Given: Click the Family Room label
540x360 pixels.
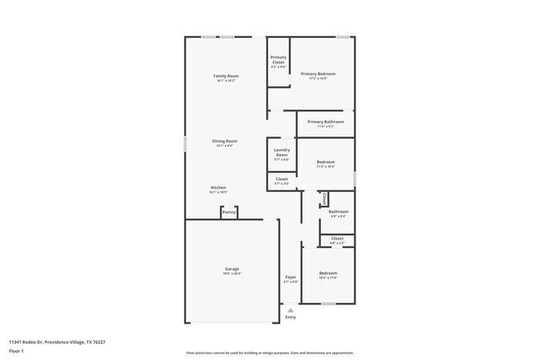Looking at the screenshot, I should click(x=226, y=76).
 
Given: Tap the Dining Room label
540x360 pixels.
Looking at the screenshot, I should click(x=225, y=141).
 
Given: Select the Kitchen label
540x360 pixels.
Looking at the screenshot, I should click(x=218, y=187).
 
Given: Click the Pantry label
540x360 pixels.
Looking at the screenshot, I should click(x=229, y=212).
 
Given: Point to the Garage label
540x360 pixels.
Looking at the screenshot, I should click(x=231, y=269).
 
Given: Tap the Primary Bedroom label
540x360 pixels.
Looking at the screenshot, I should click(x=318, y=74).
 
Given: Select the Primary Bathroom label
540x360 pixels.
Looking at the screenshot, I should click(x=326, y=122).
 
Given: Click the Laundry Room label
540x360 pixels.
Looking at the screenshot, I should click(x=282, y=152).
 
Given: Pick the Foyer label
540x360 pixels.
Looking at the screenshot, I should click(x=291, y=277).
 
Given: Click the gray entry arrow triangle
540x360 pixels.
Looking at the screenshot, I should click(x=291, y=310).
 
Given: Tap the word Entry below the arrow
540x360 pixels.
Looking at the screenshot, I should click(x=291, y=317).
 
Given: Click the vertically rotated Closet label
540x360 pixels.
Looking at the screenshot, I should click(x=325, y=199).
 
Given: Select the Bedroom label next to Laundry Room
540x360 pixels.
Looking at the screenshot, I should click(x=326, y=162).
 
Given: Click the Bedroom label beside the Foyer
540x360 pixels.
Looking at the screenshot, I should click(x=328, y=273).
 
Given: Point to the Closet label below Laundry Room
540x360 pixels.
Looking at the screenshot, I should click(x=282, y=179).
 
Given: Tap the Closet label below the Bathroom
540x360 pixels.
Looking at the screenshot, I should click(x=338, y=238).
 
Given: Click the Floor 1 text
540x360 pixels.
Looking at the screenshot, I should click(x=16, y=351).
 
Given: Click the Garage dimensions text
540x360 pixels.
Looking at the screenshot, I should click(x=231, y=274).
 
